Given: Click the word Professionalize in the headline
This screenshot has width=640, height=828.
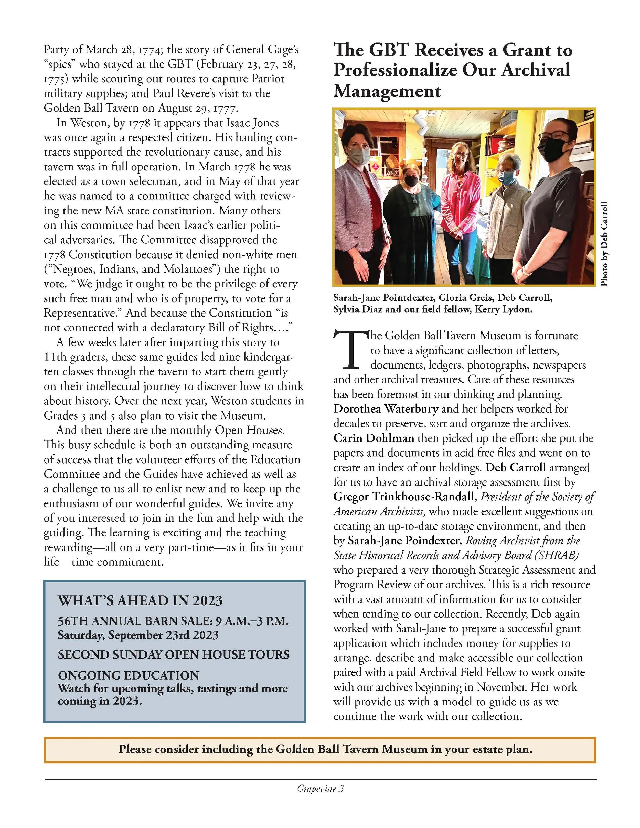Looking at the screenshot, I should click(394, 71).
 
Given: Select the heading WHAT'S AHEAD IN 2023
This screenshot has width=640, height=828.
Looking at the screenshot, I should click(140, 601).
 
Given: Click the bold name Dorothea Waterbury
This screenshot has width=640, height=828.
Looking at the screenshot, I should click(386, 409).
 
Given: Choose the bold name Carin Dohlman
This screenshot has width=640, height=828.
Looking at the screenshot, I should click(374, 438).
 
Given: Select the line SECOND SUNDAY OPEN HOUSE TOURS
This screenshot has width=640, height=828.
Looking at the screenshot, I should click(173, 655).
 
